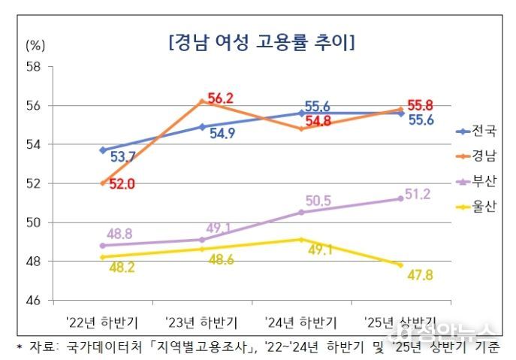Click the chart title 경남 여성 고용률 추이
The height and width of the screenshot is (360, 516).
pyautogui.click(x=262, y=41)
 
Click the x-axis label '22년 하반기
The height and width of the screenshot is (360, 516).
pyautogui.click(x=101, y=322)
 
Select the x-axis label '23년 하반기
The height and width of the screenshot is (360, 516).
pyautogui.click(x=201, y=322)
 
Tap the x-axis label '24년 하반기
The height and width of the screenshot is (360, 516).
pyautogui.click(x=301, y=322)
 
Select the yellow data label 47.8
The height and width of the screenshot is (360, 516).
pyautogui.click(x=421, y=277)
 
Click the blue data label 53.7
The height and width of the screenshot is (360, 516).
pyautogui.click(x=122, y=157)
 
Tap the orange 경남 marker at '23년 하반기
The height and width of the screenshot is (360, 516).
pyautogui.click(x=201, y=101)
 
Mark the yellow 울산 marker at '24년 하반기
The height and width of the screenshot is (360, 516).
pyautogui.click(x=301, y=240)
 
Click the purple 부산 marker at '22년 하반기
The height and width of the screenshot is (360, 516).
pyautogui.click(x=102, y=246)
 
